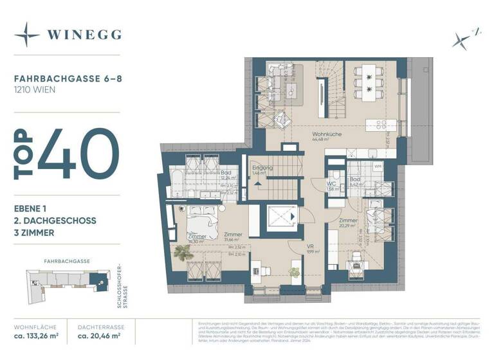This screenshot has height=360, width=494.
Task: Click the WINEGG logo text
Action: click(84, 35)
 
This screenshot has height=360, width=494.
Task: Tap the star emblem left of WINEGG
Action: click(27, 35)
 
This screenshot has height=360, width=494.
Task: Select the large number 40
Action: click(78, 154)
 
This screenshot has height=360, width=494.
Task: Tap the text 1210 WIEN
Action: click(35, 90)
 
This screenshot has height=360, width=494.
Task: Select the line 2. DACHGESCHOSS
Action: click(55, 221)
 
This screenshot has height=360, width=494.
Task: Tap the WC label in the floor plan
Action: click(332, 183)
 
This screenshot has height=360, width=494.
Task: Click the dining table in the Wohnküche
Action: click(369, 82)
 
